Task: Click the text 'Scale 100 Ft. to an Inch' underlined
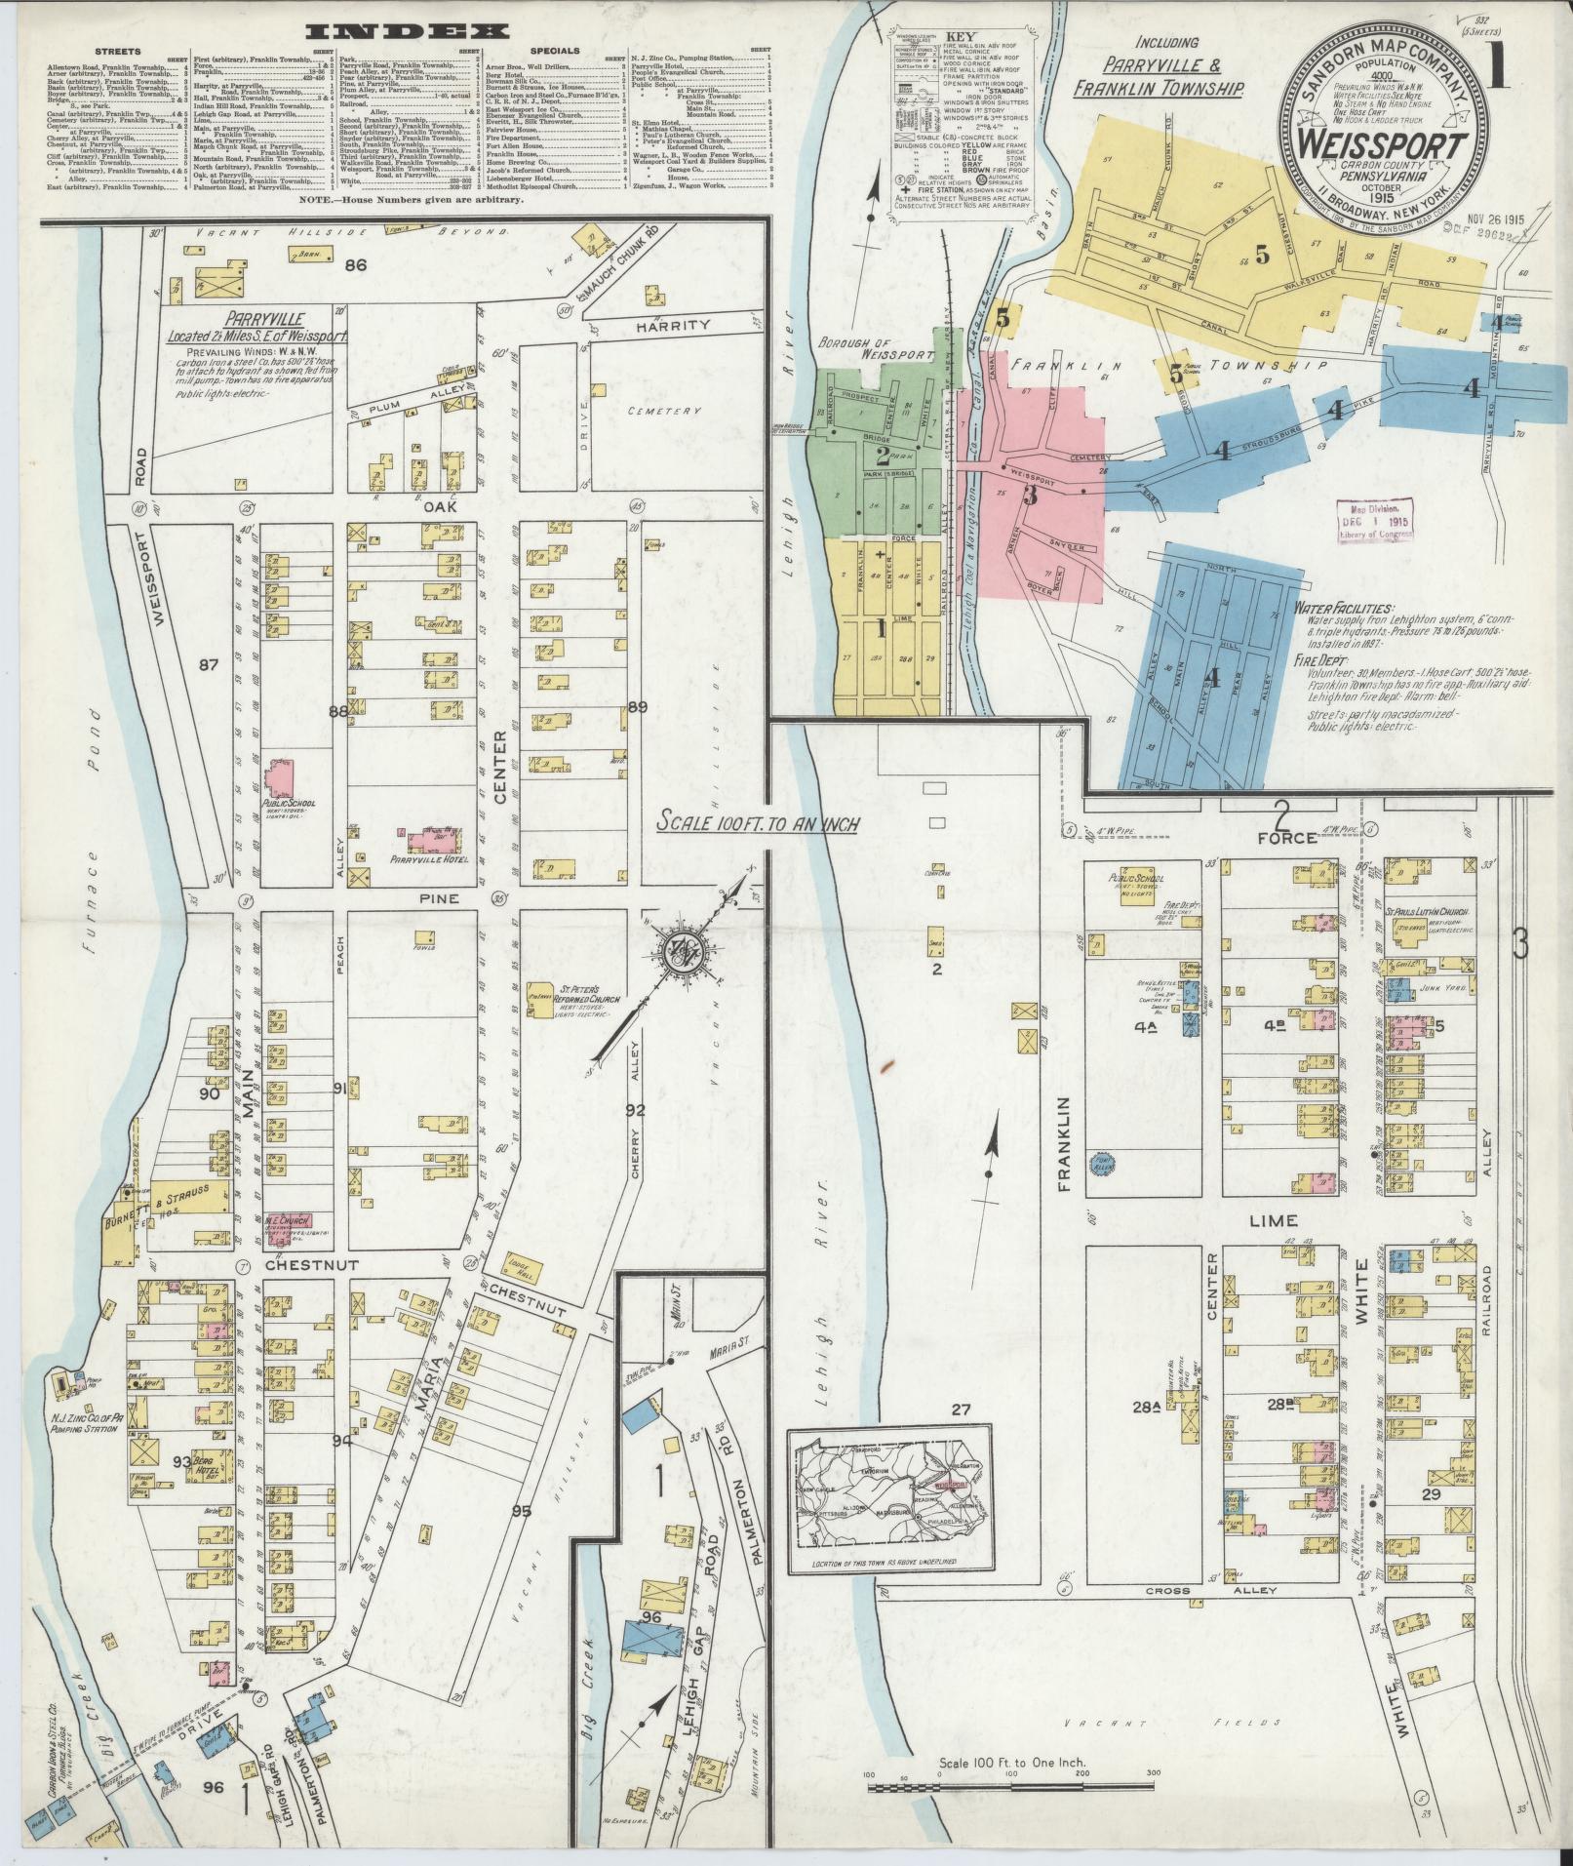coord(757,823)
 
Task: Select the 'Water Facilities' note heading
coord(1344,608)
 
